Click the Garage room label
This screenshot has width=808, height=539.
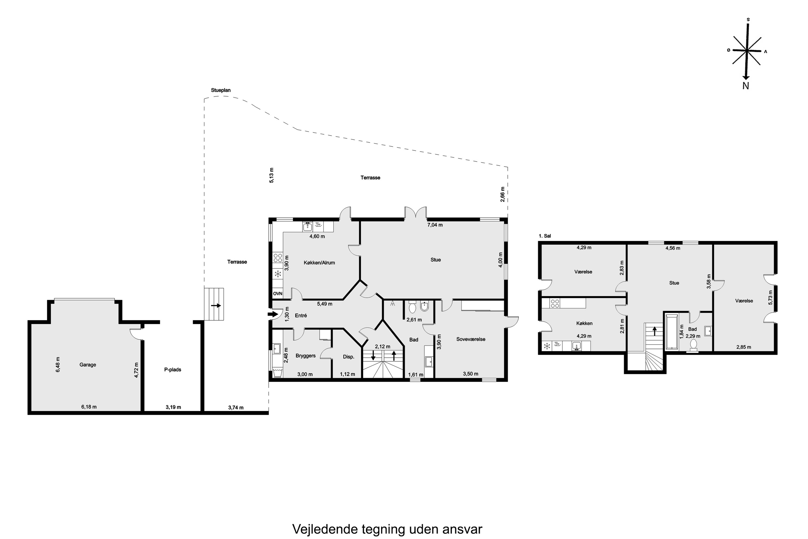point(88,365)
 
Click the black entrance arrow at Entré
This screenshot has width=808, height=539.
point(272,314)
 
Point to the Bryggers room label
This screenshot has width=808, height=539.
point(305,356)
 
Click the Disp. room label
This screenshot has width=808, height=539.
point(348,357)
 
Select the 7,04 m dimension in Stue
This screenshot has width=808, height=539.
point(435,225)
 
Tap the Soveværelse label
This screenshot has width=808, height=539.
point(471,339)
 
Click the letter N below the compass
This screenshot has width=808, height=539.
point(746,86)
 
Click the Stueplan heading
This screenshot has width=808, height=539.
point(221,90)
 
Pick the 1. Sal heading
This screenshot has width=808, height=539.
point(545,236)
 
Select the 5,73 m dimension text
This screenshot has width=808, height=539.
point(770,298)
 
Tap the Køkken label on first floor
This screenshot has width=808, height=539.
point(584,323)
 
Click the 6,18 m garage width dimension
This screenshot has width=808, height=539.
point(89,407)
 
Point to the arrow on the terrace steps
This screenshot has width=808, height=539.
point(216,305)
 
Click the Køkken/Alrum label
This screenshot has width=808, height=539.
point(319,262)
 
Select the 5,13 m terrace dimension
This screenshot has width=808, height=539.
point(271,175)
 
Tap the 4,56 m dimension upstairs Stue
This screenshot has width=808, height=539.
point(673,248)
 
